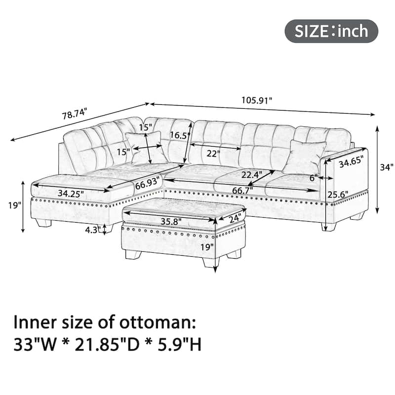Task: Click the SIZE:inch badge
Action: coord(331,31)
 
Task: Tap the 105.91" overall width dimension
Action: coord(257,100)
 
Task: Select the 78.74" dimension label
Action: coord(75,114)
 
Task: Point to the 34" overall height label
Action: coord(387,167)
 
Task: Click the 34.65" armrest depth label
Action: coord(351,161)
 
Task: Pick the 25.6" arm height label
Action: coord(338,195)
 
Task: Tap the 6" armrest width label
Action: coord(314,178)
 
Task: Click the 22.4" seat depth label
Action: coord(252,174)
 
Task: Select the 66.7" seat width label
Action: coord(242,191)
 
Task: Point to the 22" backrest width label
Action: coord(213,154)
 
